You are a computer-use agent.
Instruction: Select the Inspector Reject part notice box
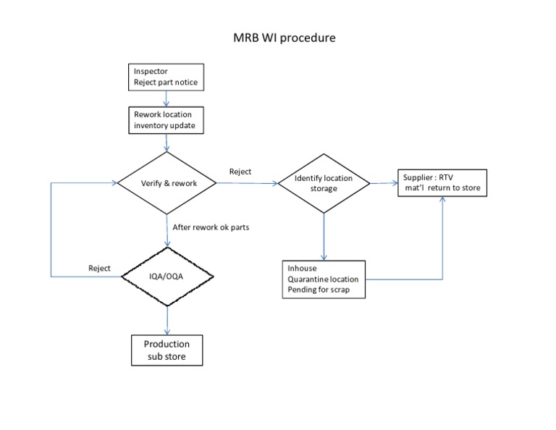[x=167, y=77]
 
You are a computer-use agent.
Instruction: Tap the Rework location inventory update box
[x=167, y=120]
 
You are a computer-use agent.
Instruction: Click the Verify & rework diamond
[x=168, y=183]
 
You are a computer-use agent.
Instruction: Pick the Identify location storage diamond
[x=324, y=183]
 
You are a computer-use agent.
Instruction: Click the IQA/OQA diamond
[x=167, y=276]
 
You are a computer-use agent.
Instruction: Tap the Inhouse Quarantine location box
[x=324, y=279]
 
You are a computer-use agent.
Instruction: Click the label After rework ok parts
[x=211, y=227]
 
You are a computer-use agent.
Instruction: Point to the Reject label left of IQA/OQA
[x=99, y=269]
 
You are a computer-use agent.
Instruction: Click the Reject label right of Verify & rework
[x=240, y=172]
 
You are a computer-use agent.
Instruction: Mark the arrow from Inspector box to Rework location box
[x=167, y=99]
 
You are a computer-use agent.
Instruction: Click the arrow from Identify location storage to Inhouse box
[x=324, y=235]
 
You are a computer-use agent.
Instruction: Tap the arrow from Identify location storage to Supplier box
[x=384, y=183]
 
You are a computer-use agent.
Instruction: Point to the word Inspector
[x=151, y=72]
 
